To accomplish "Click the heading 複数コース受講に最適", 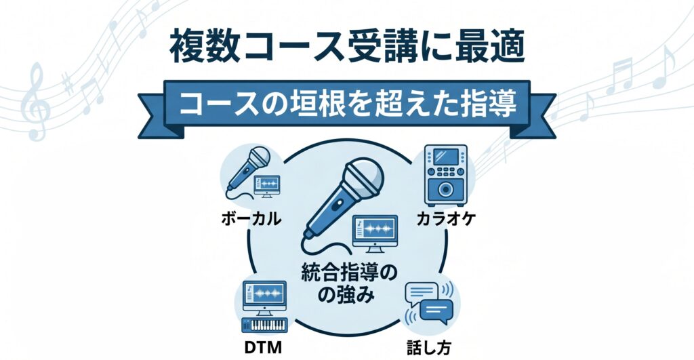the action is pyautogui.click(x=347, y=46).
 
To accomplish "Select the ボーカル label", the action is pyautogui.click(x=251, y=218).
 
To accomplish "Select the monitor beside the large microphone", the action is pyautogui.click(x=375, y=233).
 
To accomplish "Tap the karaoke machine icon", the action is pyautogui.click(x=445, y=174).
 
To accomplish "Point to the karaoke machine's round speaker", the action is pyautogui.click(x=445, y=190).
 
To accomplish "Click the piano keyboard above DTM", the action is pyautogui.click(x=264, y=325).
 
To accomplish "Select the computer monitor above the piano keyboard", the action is pyautogui.click(x=265, y=297).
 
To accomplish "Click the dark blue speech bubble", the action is pyautogui.click(x=436, y=310).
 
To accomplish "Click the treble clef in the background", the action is pyautogui.click(x=37, y=102).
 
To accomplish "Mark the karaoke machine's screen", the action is pyautogui.click(x=445, y=157).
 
